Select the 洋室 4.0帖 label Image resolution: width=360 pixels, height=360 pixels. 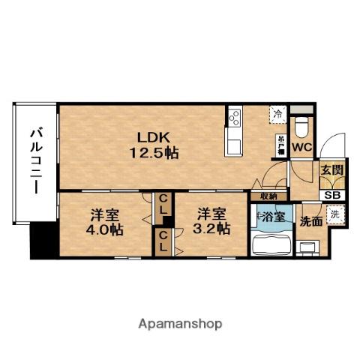coord(103,221)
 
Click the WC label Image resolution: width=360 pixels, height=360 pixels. coord(301,148)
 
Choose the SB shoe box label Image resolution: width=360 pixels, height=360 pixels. coord(331,195)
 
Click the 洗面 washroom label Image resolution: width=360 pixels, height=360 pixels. coord(311,221)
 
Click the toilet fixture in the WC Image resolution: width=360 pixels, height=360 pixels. coord(301,122)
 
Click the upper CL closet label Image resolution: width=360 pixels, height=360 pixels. coord(162,204)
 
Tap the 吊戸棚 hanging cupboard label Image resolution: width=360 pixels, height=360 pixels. coord(278,143)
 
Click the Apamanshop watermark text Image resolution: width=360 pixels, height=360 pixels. coord(180,325)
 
